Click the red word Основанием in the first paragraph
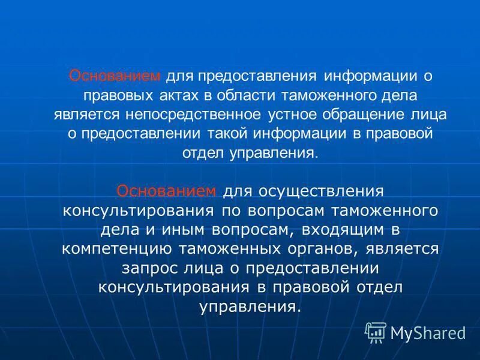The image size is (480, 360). pyautogui.click(x=115, y=76)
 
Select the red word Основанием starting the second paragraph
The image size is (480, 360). pyautogui.click(x=166, y=191)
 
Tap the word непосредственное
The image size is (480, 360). pyautogui.click(x=193, y=115)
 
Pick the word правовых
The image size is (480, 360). pyautogui.click(x=113, y=95)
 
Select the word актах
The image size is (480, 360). pyautogui.click(x=167, y=95)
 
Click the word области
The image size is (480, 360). pyautogui.click(x=232, y=95)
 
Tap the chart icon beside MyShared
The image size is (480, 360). pyautogui.click(x=376, y=332)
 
